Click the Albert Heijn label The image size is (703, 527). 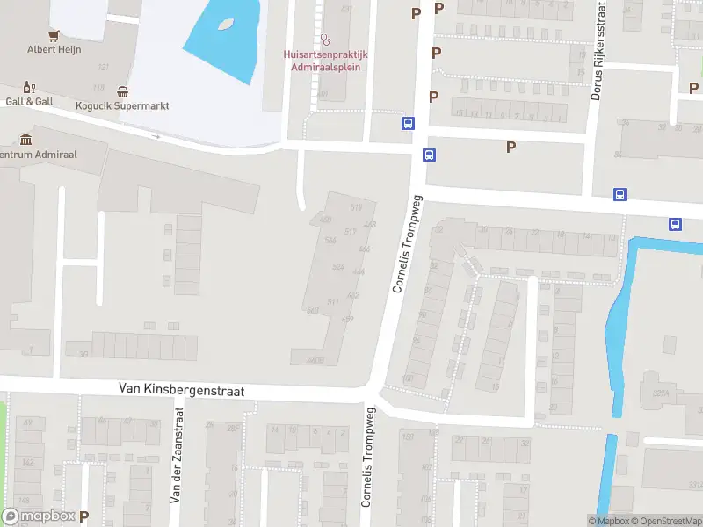[54, 49]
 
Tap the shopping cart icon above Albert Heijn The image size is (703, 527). [54, 35]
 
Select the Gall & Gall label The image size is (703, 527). [29, 101]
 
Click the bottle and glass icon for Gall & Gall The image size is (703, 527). [29, 87]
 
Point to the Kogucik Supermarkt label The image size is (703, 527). [122, 105]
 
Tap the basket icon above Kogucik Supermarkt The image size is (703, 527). [122, 91]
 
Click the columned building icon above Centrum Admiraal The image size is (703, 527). [25, 140]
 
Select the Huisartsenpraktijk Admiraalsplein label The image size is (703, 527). [325, 60]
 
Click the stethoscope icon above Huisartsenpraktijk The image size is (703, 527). [326, 40]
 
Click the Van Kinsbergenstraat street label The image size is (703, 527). [181, 389]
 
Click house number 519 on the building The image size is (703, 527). [356, 207]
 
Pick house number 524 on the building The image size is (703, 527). [338, 267]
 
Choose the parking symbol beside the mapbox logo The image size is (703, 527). [84, 516]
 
